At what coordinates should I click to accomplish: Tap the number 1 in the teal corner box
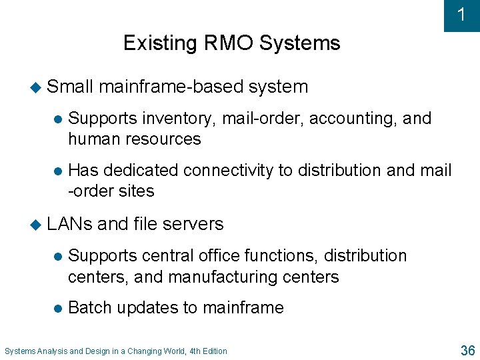461,15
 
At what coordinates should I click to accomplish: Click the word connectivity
228,171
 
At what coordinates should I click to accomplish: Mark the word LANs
70,224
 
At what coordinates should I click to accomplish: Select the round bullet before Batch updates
57,308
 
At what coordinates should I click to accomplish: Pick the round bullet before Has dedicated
57,171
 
